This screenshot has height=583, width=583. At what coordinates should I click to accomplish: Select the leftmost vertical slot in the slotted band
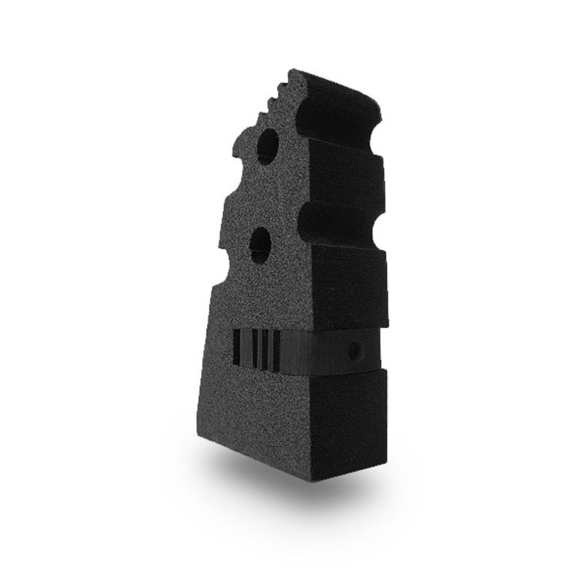(237, 348)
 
